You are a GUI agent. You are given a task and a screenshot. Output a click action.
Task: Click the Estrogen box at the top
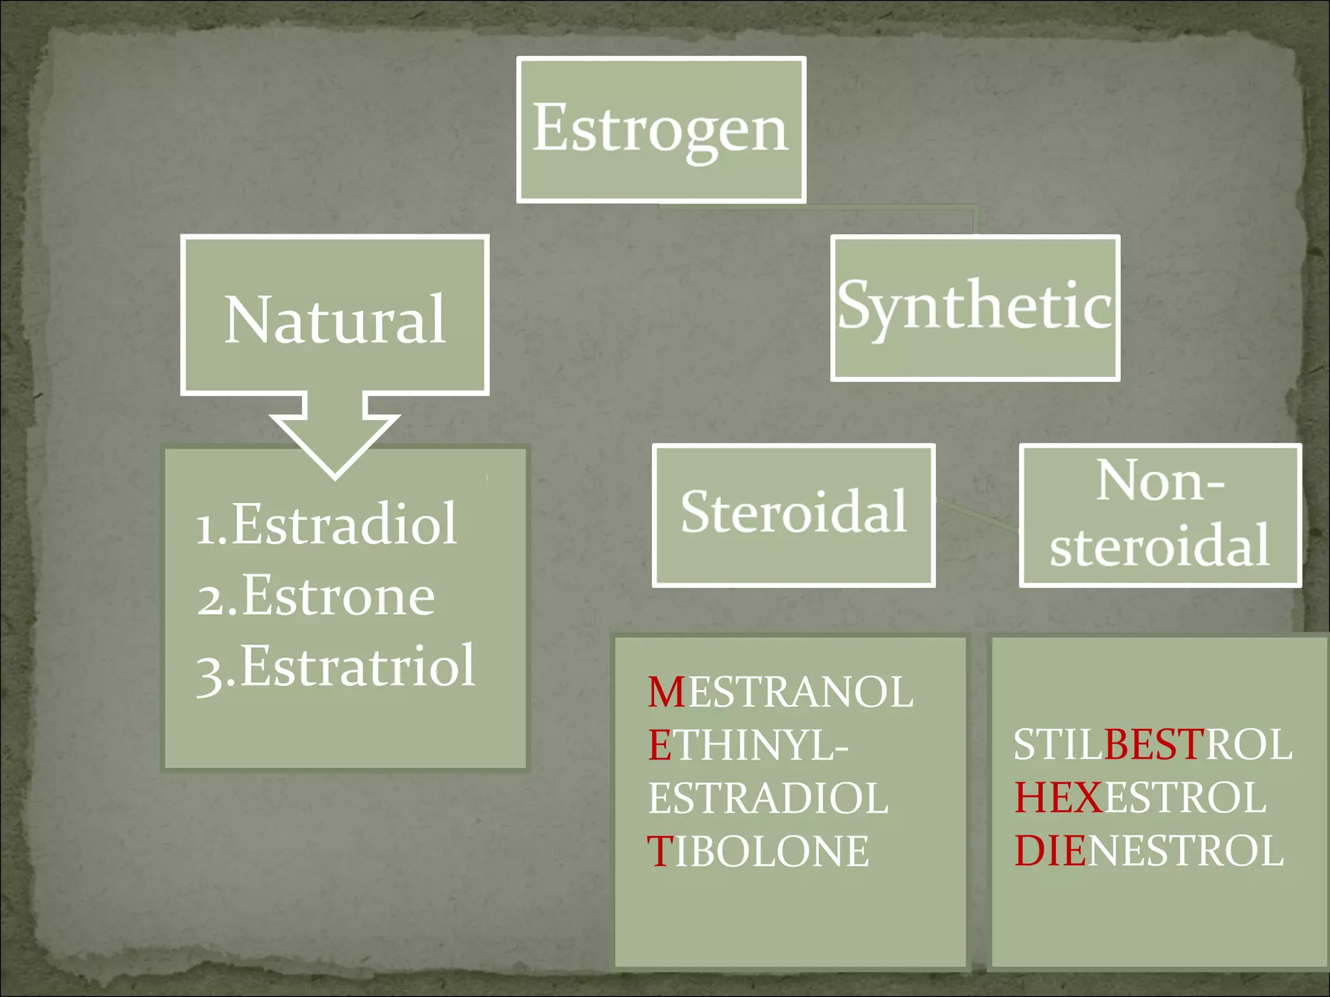pyautogui.click(x=661, y=130)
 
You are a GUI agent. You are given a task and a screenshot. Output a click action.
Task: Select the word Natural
pyautogui.click(x=335, y=319)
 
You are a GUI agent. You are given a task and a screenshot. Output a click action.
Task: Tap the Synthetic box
pyautogui.click(x=975, y=306)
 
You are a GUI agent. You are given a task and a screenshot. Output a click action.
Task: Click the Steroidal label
pyautogui.click(x=794, y=513)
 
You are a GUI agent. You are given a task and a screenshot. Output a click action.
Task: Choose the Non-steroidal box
pyautogui.click(x=1160, y=514)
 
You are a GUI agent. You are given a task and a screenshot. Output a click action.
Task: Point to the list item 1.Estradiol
pyautogui.click(x=327, y=524)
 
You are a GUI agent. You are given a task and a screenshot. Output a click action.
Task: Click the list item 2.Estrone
pyautogui.click(x=316, y=596)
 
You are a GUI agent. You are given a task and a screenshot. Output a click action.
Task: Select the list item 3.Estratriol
pyautogui.click(x=336, y=667)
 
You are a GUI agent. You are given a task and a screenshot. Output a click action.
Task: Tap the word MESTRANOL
pyautogui.click(x=781, y=692)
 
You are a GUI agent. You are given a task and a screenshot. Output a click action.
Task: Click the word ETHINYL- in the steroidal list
pyautogui.click(x=748, y=745)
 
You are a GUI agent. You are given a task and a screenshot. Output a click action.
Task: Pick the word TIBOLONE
pyautogui.click(x=758, y=852)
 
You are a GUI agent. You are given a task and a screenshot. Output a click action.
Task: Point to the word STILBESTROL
pyautogui.click(x=1153, y=745)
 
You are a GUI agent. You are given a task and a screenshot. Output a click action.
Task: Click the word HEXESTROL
pyautogui.click(x=1140, y=798)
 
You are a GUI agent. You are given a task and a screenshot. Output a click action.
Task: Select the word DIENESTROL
pyautogui.click(x=1149, y=851)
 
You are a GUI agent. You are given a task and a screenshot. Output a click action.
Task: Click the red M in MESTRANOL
pyautogui.click(x=666, y=692)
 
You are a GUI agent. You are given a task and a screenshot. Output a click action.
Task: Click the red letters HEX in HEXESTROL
pyautogui.click(x=1059, y=798)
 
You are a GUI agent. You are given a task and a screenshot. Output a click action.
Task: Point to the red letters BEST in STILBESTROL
pyautogui.click(x=1154, y=745)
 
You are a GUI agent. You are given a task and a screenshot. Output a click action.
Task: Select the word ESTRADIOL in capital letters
pyautogui.click(x=768, y=798)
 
